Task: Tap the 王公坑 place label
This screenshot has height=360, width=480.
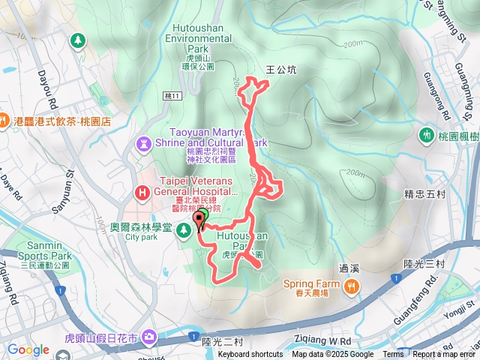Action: pyautogui.click(x=281, y=70)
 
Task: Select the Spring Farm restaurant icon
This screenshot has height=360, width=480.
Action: pyautogui.click(x=349, y=285)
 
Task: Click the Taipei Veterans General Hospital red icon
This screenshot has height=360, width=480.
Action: pyautogui.click(x=142, y=193)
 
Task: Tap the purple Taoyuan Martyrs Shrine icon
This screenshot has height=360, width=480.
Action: pyautogui.click(x=143, y=142)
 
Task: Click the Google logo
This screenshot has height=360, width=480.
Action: pyautogui.click(x=28, y=349)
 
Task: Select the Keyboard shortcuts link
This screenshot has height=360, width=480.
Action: pyautogui.click(x=250, y=355)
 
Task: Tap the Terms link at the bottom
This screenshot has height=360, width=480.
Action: pyautogui.click(x=393, y=355)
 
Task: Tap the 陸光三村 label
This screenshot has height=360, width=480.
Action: pyautogui.click(x=424, y=263)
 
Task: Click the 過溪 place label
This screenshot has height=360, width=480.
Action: pyautogui.click(x=349, y=268)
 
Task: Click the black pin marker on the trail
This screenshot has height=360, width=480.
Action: pyautogui.click(x=199, y=219)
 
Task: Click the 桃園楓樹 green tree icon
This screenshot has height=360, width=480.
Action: pyautogui.click(x=426, y=135)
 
